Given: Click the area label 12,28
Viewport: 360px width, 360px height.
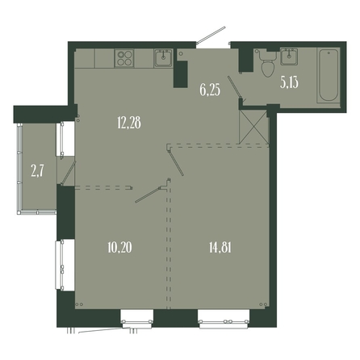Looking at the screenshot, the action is [x=129, y=123].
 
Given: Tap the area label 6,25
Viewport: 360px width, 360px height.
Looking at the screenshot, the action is [x=210, y=90].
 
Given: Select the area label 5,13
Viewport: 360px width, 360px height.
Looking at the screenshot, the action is [x=289, y=82].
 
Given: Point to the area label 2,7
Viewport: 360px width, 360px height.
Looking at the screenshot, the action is [x=37, y=171].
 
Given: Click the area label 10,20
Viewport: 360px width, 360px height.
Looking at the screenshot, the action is [x=119, y=247].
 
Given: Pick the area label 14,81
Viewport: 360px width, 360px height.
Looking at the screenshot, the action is [x=220, y=247].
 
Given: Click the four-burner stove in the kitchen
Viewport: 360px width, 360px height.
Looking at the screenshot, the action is [x=124, y=58].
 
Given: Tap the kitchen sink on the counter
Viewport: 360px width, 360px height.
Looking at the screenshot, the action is [x=163, y=58].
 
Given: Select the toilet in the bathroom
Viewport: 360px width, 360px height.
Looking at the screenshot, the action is [x=268, y=63].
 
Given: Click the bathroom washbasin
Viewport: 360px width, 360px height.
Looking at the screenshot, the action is [x=289, y=57].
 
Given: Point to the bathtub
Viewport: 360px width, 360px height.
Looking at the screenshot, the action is [x=329, y=75].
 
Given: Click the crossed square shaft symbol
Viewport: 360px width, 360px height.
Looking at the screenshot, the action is [x=253, y=127].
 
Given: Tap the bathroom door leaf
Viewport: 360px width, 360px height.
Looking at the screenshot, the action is [x=235, y=88].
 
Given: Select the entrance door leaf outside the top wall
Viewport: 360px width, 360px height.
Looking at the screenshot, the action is [x=211, y=35].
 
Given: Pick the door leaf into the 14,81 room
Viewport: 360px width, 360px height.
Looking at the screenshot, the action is [x=175, y=162].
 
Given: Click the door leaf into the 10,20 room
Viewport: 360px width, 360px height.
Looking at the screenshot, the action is [x=149, y=195].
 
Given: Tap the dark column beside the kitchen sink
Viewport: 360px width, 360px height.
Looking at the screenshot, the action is [x=180, y=74].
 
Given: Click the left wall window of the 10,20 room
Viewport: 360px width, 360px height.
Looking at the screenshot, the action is [x=61, y=265].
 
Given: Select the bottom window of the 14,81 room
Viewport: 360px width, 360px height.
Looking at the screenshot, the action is [x=224, y=320].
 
